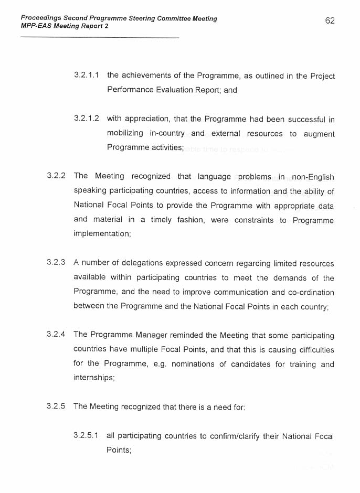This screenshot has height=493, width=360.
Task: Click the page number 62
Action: [330, 20]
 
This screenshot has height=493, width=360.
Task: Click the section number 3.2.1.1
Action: [88, 76]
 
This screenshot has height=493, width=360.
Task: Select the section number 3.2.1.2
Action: [87, 119]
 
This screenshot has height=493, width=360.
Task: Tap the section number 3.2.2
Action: [56, 176]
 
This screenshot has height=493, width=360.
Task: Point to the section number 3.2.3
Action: [56, 263]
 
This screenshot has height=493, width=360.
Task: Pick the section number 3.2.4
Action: [56, 335]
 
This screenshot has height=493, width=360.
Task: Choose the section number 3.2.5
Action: [56, 406]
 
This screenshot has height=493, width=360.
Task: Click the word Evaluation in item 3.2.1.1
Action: [171, 90]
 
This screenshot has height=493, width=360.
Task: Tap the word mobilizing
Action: [125, 134]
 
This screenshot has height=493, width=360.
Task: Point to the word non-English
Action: [313, 177]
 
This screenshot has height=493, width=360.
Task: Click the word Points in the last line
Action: [118, 451]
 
